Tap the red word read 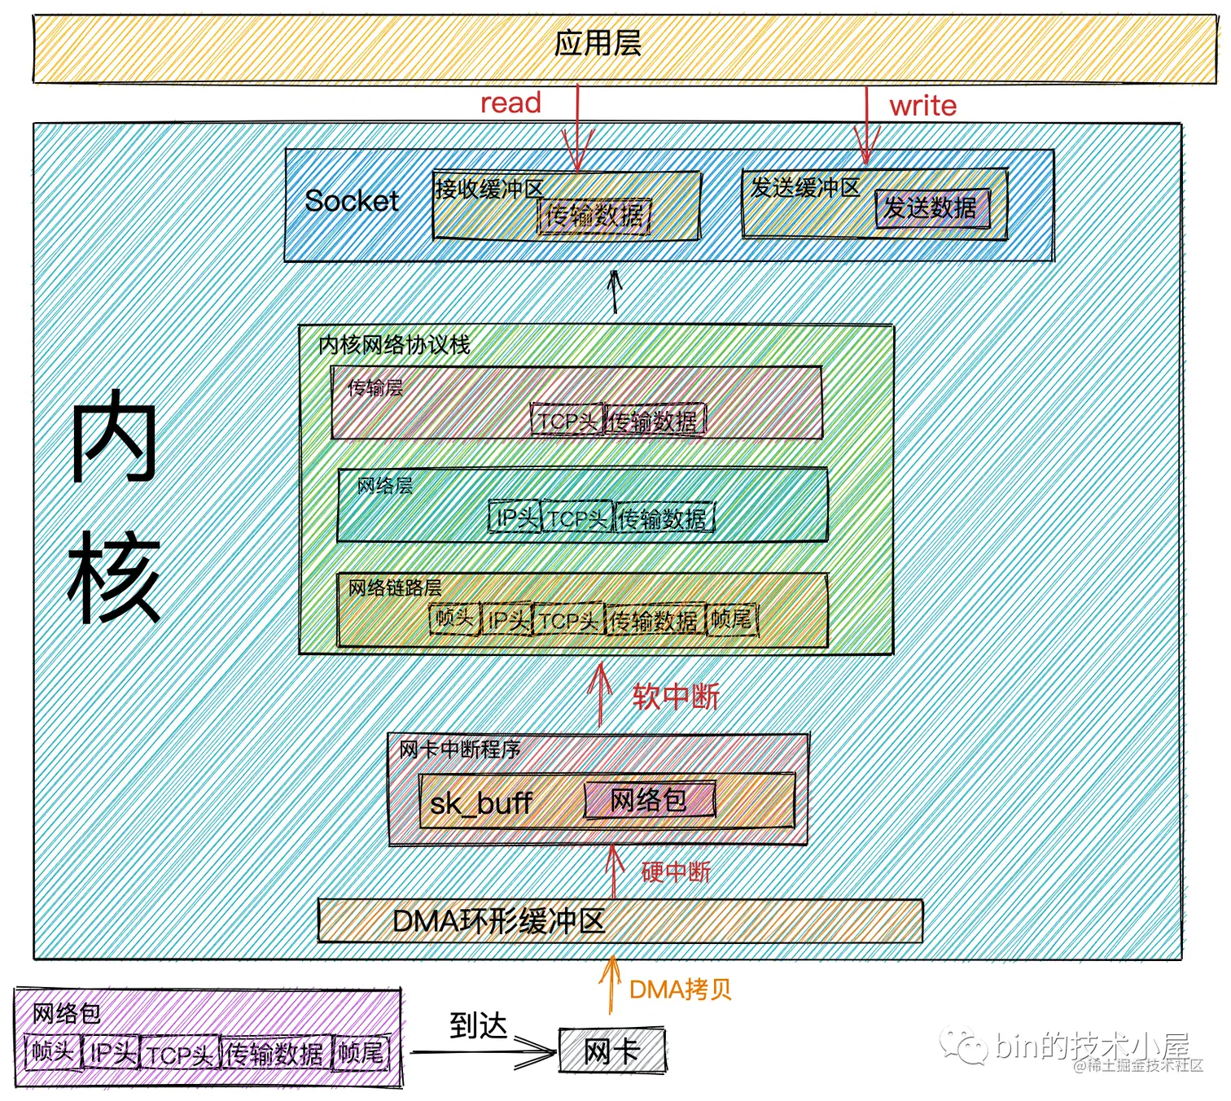tap(510, 103)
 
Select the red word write tap(922, 106)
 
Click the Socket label tap(352, 201)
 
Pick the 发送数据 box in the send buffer tap(931, 208)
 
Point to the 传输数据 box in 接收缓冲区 tap(594, 216)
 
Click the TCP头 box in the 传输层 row tap(567, 421)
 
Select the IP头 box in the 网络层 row tap(516, 518)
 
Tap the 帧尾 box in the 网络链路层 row tap(732, 620)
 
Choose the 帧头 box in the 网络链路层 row tap(454, 619)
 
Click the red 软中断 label tap(675, 697)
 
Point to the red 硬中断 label tap(675, 872)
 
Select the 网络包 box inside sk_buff tap(649, 800)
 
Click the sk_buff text tap(480, 804)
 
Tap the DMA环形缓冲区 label tap(498, 921)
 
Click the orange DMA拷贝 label tap(680, 990)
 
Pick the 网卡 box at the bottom tap(611, 1051)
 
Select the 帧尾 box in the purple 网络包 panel tap(361, 1053)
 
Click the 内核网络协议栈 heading tap(394, 345)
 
